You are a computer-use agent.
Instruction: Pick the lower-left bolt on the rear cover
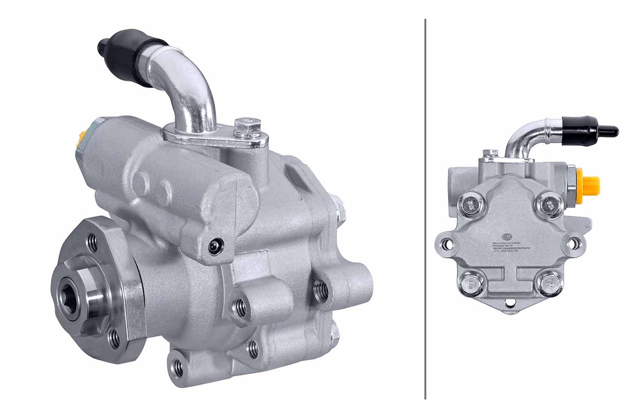coord(470,284)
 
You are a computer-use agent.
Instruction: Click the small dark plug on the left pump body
coord(214,246)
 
